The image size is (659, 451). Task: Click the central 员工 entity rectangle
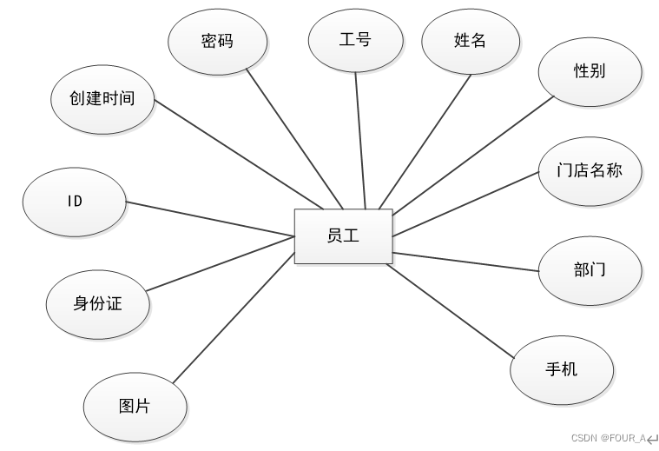tap(343, 236)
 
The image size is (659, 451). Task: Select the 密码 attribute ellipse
tap(217, 41)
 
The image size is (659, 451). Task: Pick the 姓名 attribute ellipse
tap(471, 41)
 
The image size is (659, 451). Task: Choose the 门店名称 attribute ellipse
tap(590, 169)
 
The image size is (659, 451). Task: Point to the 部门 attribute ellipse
tap(590, 269)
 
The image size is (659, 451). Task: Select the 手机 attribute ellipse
tap(561, 369)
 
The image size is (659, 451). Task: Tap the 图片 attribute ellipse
tap(135, 406)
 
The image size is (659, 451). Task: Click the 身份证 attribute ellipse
tap(97, 304)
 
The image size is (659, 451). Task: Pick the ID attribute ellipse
tap(75, 202)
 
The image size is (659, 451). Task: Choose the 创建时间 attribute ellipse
tap(102, 97)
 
